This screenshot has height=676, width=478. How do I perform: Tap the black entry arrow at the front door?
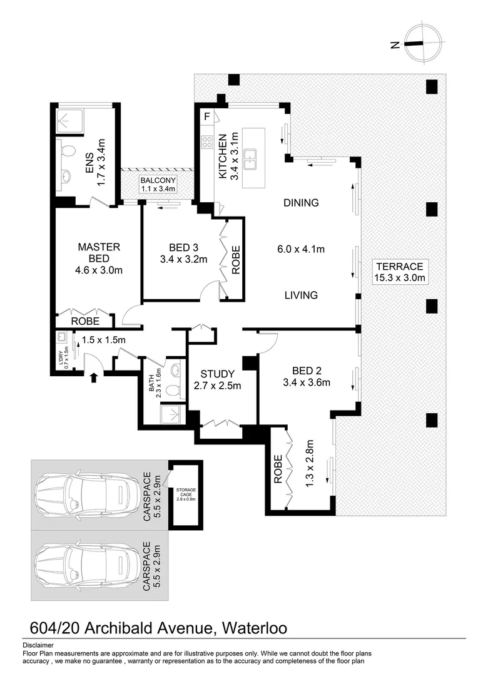coord(94,377)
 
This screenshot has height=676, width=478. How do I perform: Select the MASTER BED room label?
coord(99,253)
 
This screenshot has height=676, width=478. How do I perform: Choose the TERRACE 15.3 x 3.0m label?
coord(400,272)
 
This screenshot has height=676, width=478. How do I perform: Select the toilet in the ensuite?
coord(68,150)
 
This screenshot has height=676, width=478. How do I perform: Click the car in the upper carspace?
coord(86,495)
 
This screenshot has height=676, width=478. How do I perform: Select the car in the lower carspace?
coord(86,565)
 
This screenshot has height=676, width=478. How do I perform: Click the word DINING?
coord(301,203)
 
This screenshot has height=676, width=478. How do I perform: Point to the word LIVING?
coord(301,295)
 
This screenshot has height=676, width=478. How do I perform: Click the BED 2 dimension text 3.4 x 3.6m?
coord(307,383)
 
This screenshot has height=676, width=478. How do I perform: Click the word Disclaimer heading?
coord(38,645)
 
